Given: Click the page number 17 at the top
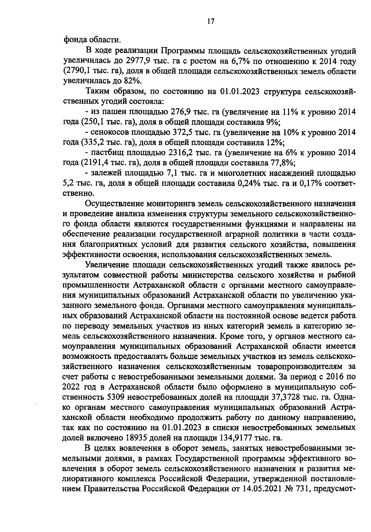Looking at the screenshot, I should [x=211, y=21].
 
